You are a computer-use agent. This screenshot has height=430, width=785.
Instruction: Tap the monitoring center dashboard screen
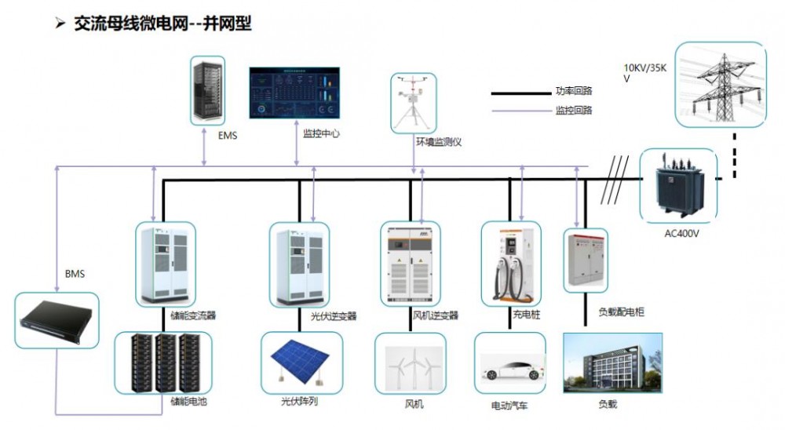tap(297, 93)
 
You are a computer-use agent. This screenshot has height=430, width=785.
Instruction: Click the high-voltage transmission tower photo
tap(720, 85)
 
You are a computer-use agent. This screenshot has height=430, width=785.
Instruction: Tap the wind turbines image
tap(412, 364)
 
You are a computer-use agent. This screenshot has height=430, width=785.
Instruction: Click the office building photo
tap(613, 364)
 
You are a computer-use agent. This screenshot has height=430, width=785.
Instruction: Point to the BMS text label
tap(75, 275)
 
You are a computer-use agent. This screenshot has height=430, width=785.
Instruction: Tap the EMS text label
tap(228, 135)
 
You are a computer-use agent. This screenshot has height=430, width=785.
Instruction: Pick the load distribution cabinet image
tap(585, 261)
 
